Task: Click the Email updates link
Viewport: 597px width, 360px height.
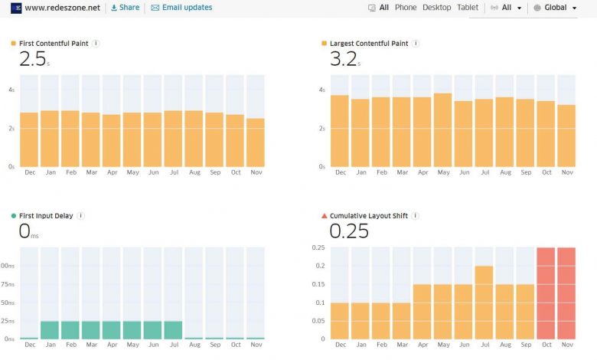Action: tap(181, 8)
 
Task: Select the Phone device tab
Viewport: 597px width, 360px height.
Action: tap(406, 8)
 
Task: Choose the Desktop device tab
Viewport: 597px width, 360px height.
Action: tap(436, 8)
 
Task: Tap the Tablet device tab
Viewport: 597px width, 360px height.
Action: tap(468, 8)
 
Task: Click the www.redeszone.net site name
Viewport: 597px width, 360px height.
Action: tap(63, 8)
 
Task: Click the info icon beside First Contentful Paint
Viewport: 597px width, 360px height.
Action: tap(96, 44)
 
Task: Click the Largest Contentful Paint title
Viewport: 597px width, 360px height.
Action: tap(369, 44)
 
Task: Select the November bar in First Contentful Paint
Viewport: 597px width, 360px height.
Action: tap(256, 142)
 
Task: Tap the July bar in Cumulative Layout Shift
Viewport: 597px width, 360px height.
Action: tap(484, 302)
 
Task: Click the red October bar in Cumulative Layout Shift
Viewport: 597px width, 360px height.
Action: tap(546, 293)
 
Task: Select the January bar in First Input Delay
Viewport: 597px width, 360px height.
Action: tap(50, 329)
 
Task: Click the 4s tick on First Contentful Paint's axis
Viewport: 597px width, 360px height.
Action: tap(11, 90)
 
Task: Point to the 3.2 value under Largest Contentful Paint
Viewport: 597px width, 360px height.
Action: tap(343, 60)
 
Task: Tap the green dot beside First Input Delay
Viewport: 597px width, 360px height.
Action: tap(14, 217)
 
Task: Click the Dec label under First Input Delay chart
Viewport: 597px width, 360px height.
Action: tap(29, 345)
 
